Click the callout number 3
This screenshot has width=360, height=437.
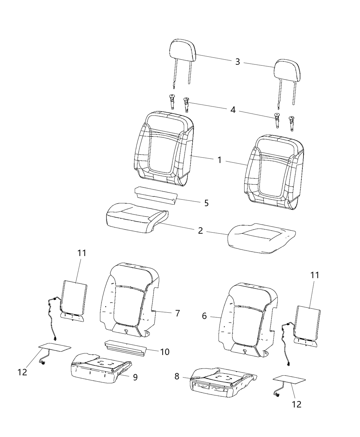pos(237,62)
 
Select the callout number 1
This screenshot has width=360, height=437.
pos(219,160)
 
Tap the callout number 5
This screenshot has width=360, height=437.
pos(206,203)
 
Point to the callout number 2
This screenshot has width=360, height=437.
pos(200,230)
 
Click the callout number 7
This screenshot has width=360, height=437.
pos(177,313)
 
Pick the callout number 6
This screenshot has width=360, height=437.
pos(204,316)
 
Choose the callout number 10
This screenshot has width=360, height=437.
pos(165,352)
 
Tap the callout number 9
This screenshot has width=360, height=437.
pos(135,377)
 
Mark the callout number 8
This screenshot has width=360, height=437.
pos(177,376)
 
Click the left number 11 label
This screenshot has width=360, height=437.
pos(82,253)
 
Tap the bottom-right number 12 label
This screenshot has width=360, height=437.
pos(297,404)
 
